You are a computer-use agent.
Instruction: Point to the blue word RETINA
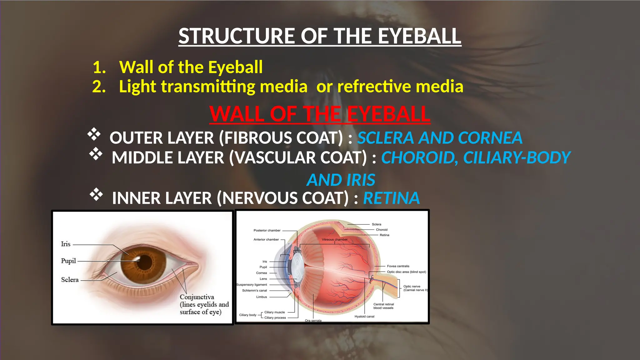[391, 198]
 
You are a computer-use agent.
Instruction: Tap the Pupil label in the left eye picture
[68, 261]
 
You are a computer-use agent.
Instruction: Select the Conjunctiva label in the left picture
[197, 297]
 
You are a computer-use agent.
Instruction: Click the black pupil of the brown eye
[145, 262]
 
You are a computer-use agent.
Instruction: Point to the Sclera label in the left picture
[70, 280]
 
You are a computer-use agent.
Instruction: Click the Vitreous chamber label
[335, 240]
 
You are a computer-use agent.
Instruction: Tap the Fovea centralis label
[398, 266]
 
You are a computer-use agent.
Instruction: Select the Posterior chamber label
[267, 231]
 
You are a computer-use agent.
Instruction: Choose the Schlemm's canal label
[254, 291]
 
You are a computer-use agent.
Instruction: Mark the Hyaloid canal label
[364, 317]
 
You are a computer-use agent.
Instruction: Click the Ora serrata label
[313, 321]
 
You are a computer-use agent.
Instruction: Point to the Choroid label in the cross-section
[382, 230]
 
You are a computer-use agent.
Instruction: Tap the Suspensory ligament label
[252, 285]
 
